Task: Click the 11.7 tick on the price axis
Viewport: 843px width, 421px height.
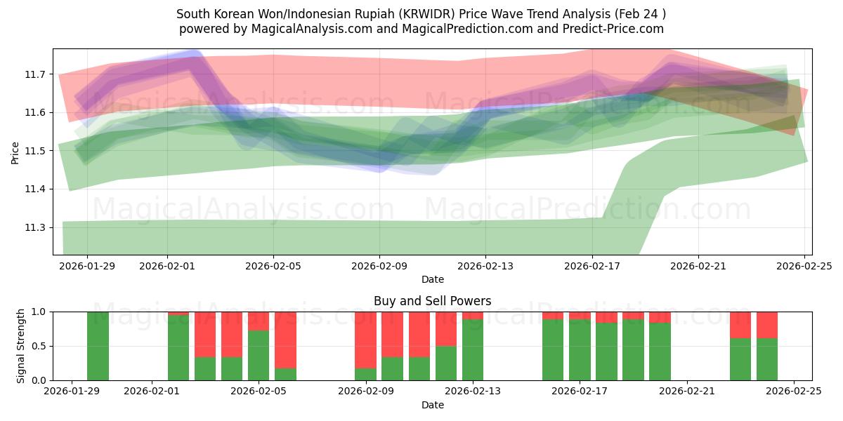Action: pyautogui.click(x=37, y=74)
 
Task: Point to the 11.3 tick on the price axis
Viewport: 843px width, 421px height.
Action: pyautogui.click(x=37, y=228)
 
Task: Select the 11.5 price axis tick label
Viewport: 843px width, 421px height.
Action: pyautogui.click(x=37, y=151)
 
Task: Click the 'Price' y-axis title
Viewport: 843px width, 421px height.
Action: pyautogui.click(x=15, y=152)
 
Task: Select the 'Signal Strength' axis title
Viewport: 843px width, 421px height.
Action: pyautogui.click(x=21, y=346)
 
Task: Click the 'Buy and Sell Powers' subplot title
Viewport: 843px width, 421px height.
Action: pyautogui.click(x=432, y=301)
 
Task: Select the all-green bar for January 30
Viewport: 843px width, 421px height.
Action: pyautogui.click(x=98, y=346)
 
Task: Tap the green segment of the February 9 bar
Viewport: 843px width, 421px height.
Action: pyautogui.click(x=365, y=374)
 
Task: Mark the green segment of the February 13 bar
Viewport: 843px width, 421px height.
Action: pyautogui.click(x=473, y=350)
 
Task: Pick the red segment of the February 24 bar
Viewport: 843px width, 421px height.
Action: pyautogui.click(x=767, y=325)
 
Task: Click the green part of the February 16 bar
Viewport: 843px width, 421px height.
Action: pyautogui.click(x=553, y=350)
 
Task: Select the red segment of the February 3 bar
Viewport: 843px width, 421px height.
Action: pyautogui.click(x=205, y=334)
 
